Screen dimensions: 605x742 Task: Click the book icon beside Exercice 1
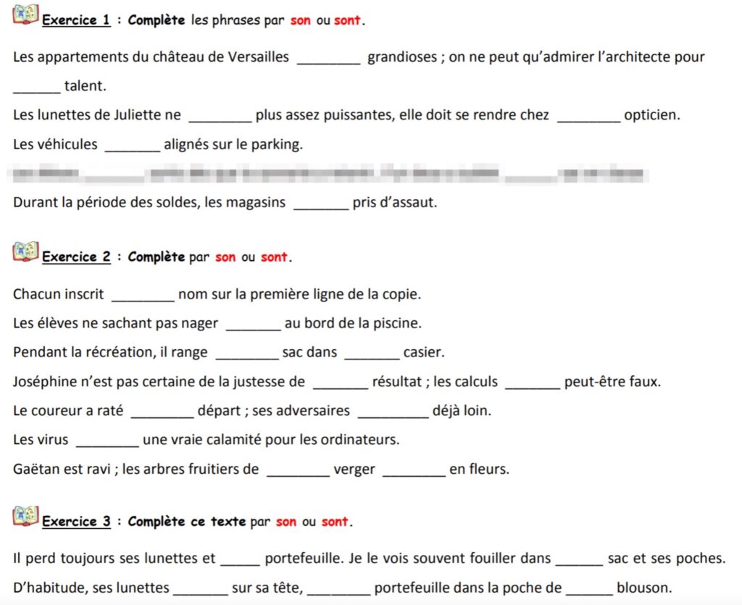25,14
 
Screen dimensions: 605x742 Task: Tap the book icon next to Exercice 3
25,516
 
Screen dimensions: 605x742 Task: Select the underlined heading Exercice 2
76,256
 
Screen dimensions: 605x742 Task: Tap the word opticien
651,115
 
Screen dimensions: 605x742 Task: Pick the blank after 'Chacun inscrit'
142,296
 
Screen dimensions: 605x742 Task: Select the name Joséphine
46,382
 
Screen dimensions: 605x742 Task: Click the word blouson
644,587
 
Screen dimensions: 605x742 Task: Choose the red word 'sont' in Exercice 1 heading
347,20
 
